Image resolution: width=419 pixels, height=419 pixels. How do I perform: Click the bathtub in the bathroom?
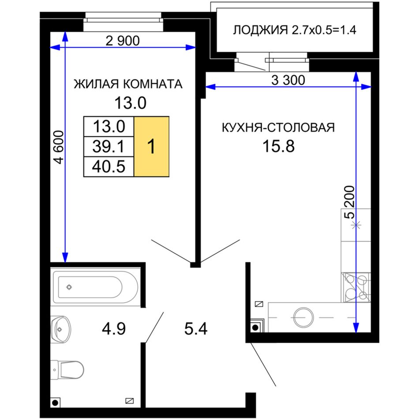pyautogui.click(x=96, y=287)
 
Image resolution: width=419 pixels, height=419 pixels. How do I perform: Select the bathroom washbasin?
pyautogui.click(x=61, y=329)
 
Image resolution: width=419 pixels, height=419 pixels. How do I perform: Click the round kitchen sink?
pyautogui.click(x=303, y=318)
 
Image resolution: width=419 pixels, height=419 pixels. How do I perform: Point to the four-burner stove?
pyautogui.click(x=355, y=287)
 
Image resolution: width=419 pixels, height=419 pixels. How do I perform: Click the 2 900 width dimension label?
pyautogui.click(x=123, y=41)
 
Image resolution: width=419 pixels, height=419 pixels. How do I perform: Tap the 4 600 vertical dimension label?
pyautogui.click(x=59, y=147)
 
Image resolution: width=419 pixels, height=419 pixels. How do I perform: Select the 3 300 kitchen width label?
pyautogui.click(x=288, y=80)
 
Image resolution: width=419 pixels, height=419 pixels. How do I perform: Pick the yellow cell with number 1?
pyautogui.click(x=151, y=146)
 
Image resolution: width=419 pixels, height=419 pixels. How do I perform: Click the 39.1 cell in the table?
pyautogui.click(x=108, y=146)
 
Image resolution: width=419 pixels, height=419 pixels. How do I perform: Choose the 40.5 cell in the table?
pyautogui.click(x=108, y=166)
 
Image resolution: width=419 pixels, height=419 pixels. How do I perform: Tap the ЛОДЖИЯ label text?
pyautogui.click(x=260, y=30)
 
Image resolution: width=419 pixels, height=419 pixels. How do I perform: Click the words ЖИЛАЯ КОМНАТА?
pyautogui.click(x=128, y=84)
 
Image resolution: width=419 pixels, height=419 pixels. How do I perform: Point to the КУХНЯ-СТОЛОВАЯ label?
pyautogui.click(x=278, y=127)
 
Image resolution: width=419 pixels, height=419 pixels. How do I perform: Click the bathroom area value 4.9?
pyautogui.click(x=113, y=329)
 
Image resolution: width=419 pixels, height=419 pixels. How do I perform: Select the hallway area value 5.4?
pyautogui.click(x=196, y=329)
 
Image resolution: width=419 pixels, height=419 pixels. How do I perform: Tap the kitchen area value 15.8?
pyautogui.click(x=278, y=146)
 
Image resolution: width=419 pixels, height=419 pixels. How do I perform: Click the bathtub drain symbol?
pyautogui.click(x=69, y=287)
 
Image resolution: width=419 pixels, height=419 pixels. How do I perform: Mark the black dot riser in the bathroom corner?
pyautogui.click(x=55, y=403)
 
